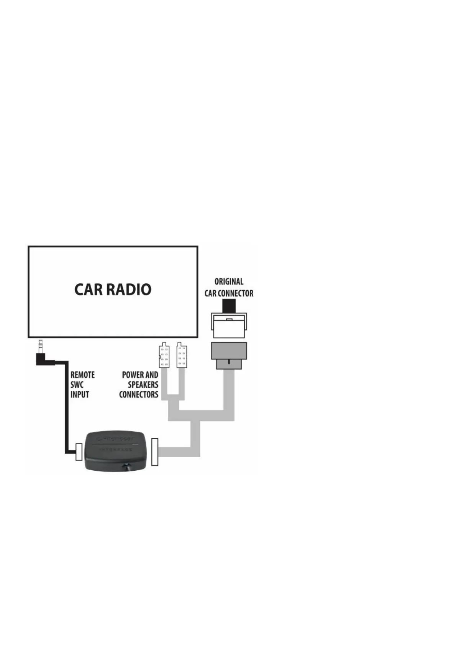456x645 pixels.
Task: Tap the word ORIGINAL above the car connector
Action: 229,282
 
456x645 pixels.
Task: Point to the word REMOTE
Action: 82,375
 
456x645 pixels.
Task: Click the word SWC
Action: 77,385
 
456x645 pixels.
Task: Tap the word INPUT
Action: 80,395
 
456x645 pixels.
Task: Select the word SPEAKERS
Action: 143,385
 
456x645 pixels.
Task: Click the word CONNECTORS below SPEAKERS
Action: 139,395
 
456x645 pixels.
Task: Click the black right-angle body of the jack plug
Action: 44,359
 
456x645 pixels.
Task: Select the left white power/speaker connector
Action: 164,355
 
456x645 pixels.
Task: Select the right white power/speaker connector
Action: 182,355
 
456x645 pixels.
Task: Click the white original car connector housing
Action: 229,326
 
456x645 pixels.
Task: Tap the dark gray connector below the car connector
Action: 229,354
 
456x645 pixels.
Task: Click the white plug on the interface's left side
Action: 79,452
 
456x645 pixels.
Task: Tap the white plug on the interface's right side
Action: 155,452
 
